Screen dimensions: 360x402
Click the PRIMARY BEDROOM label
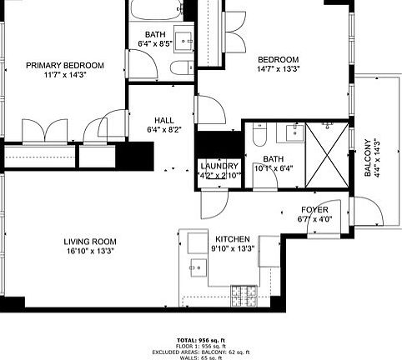click(64, 66)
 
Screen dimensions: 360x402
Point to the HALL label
click(164, 119)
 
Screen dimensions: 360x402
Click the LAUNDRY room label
click(219, 166)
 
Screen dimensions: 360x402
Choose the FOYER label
click(314, 209)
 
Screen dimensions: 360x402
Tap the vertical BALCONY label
click(367, 158)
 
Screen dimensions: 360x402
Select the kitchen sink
click(198, 267)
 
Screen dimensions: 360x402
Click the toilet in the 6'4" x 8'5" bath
click(178, 69)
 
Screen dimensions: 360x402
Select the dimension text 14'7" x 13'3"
click(278, 69)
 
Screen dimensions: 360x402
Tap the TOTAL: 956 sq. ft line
click(200, 340)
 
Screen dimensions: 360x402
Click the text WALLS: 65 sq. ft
click(200, 357)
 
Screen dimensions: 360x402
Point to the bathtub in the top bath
click(158, 13)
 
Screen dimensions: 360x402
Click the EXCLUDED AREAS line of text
click(200, 352)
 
